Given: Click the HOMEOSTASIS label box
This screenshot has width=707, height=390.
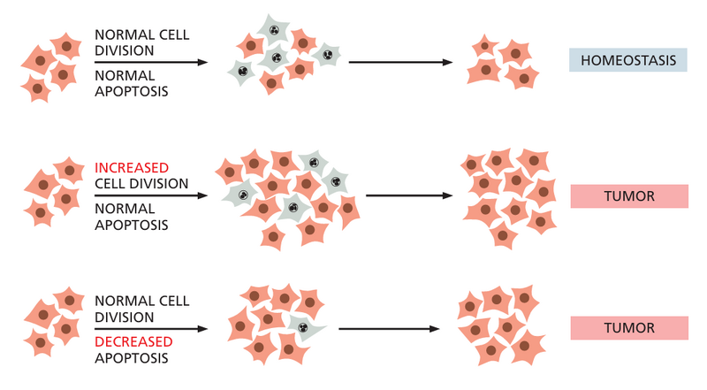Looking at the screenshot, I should tap(628, 60).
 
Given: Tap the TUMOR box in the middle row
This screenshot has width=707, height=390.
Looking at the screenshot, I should tap(628, 195).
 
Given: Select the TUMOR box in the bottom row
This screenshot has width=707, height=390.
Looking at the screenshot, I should tap(628, 327).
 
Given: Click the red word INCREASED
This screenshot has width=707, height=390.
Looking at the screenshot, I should tap(132, 167).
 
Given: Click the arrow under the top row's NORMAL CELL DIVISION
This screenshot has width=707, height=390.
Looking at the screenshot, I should tap(150, 62).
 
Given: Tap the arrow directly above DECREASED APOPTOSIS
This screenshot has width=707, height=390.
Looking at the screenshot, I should tap(150, 328).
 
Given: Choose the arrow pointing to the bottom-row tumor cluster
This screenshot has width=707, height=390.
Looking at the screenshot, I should tap(389, 328).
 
